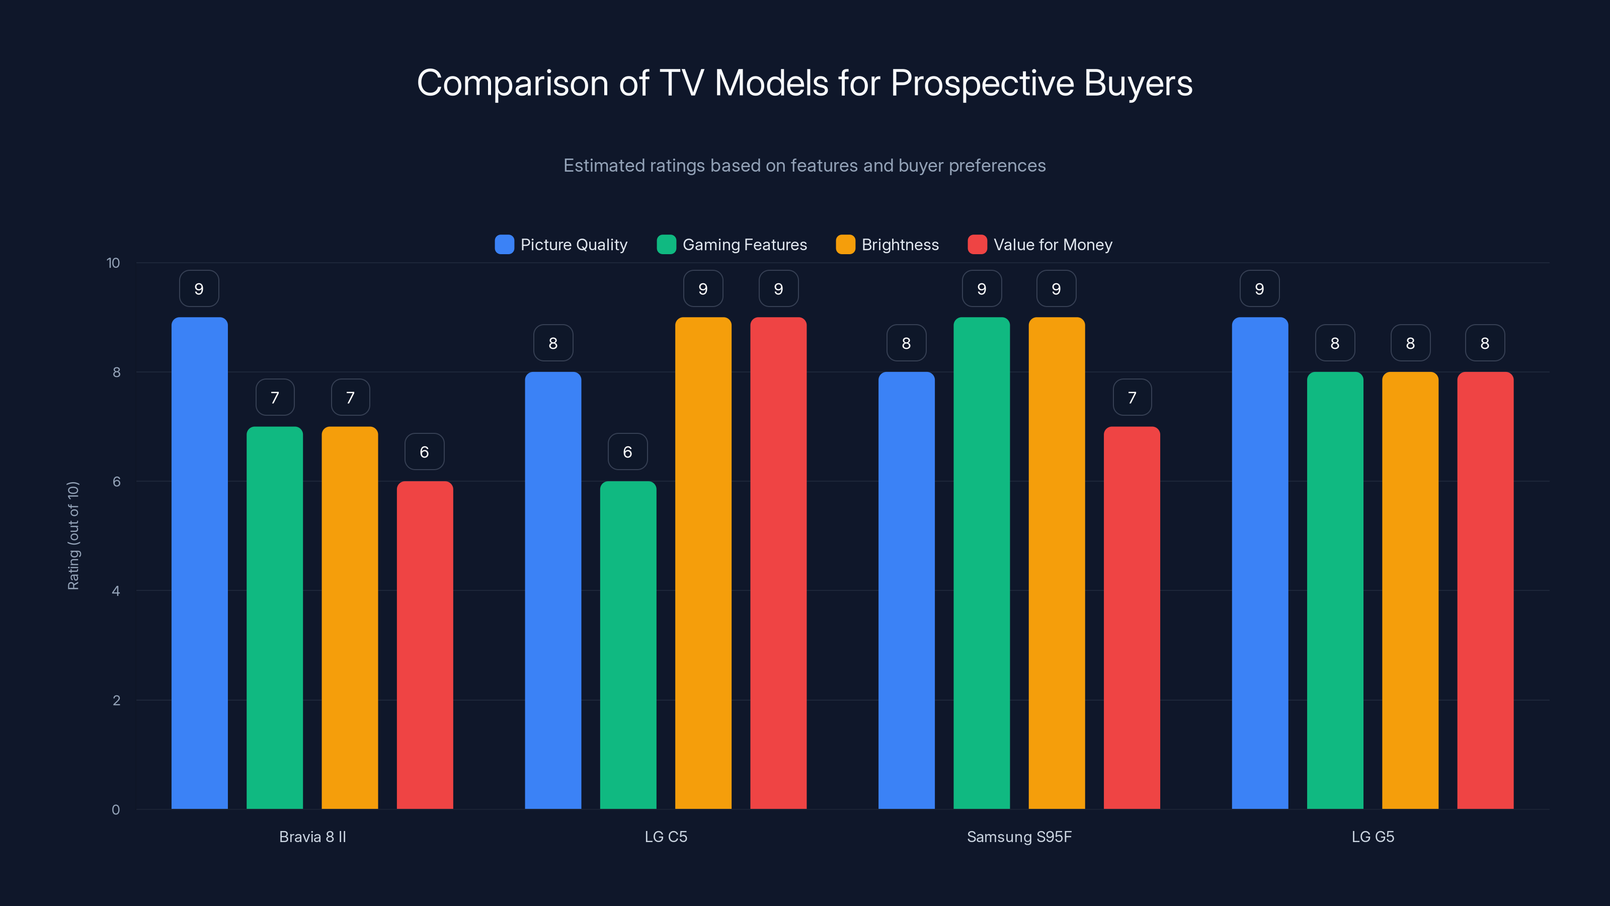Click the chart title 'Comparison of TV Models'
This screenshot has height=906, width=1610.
pyautogui.click(x=804, y=83)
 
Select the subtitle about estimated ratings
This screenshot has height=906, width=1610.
pyautogui.click(x=804, y=166)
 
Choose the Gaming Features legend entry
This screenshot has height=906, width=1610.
pyautogui.click(x=732, y=245)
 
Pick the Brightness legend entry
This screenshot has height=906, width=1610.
pyautogui.click(x=887, y=245)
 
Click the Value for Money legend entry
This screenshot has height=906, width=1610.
pyautogui.click(x=1040, y=245)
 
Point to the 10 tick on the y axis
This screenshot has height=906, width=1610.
pyautogui.click(x=113, y=263)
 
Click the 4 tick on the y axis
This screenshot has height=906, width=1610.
pyautogui.click(x=116, y=591)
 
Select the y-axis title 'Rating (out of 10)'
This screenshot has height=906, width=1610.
pyautogui.click(x=73, y=536)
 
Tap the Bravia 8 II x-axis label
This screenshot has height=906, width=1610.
pyautogui.click(x=312, y=837)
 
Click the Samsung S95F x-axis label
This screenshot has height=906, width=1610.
pyautogui.click(x=1019, y=837)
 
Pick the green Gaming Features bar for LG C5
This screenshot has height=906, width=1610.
pyautogui.click(x=627, y=644)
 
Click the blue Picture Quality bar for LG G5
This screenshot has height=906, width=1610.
pyautogui.click(x=1259, y=563)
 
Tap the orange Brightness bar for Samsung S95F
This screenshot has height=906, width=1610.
pyautogui.click(x=1056, y=563)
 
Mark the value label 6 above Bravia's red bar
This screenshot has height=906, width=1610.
pyautogui.click(x=424, y=451)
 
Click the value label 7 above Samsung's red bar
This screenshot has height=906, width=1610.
pyautogui.click(x=1132, y=397)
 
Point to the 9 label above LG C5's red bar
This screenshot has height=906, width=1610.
pyautogui.click(x=778, y=288)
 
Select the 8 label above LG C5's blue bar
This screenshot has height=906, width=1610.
pyautogui.click(x=553, y=343)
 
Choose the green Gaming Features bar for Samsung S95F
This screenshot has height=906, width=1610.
pyautogui.click(x=981, y=563)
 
